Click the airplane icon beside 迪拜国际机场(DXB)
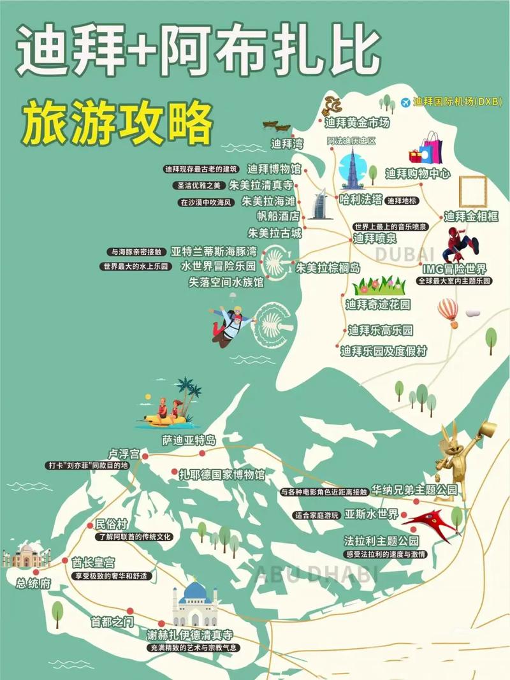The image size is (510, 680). pyautogui.click(x=406, y=102)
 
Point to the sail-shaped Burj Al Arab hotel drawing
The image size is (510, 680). pyautogui.click(x=319, y=205)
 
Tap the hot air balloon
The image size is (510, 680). pyautogui.click(x=448, y=312)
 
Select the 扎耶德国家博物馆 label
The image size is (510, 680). pyautogui.click(x=221, y=474)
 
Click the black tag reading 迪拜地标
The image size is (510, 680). pyautogui.click(x=402, y=200)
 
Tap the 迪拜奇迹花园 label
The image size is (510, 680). pyautogui.click(x=378, y=305)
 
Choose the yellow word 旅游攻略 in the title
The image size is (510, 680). pyautogui.click(x=117, y=121)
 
